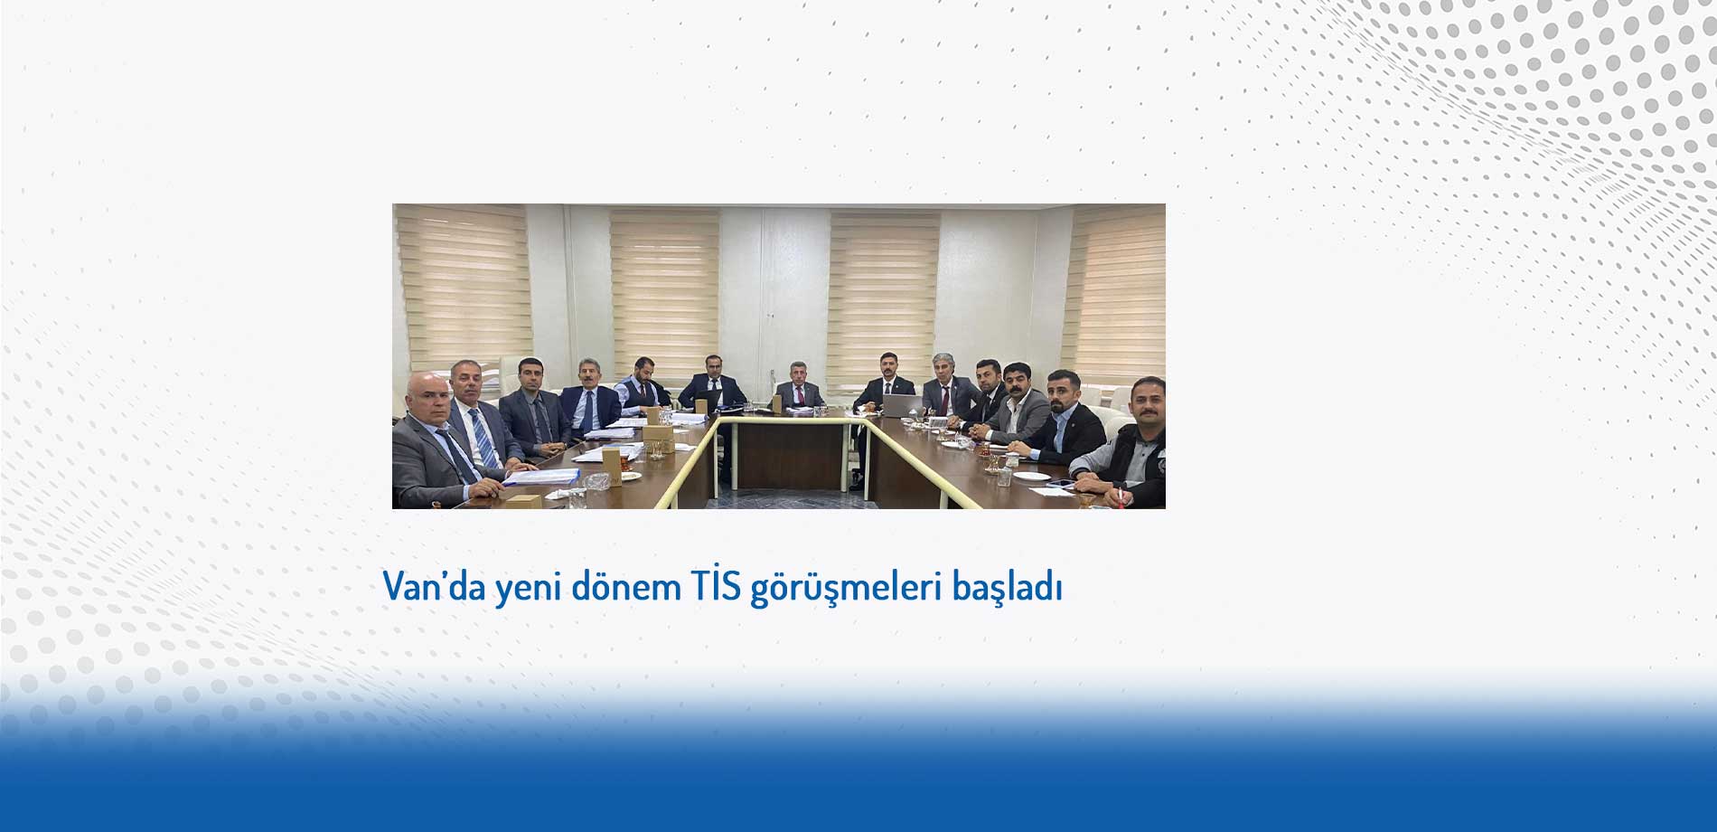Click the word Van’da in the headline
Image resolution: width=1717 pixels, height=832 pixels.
point(436,588)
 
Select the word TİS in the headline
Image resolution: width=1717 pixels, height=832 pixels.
point(715,587)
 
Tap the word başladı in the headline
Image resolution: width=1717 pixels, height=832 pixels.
point(1007,588)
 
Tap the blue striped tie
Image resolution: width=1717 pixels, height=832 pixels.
point(483,439)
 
